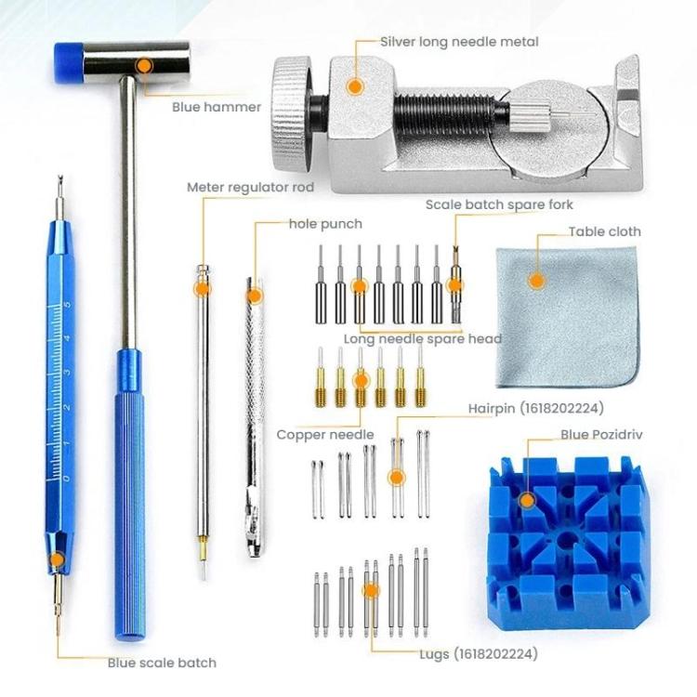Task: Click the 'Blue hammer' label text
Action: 216,107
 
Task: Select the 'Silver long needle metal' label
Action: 459,42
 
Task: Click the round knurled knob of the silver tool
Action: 294,104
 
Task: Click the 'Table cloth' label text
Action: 605,231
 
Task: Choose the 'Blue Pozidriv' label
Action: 601,434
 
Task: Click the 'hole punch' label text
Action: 323,224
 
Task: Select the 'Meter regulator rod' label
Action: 250,187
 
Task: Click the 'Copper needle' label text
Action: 325,434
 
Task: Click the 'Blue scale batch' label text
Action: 162,663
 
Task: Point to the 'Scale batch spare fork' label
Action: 499,204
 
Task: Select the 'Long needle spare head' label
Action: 423,339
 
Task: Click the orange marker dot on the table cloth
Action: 534,280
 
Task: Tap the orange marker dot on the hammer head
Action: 144,65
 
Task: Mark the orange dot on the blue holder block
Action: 527,500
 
